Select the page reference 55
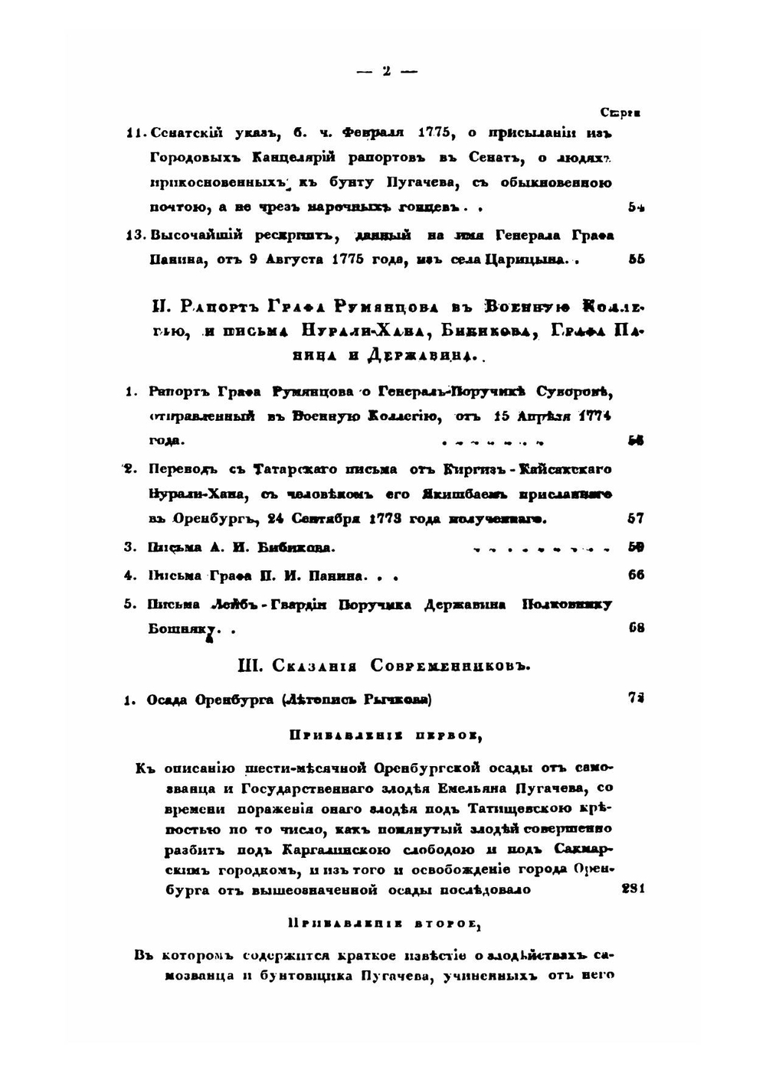[635, 259]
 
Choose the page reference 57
[635, 519]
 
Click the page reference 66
[635, 576]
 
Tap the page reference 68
[635, 628]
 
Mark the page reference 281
[633, 889]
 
